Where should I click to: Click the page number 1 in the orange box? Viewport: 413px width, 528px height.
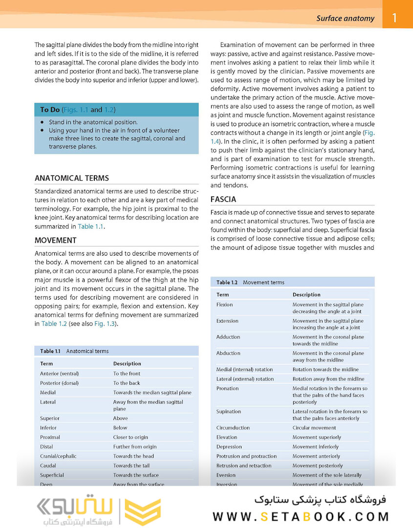pos(394,19)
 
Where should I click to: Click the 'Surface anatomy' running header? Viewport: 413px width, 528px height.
pos(345,19)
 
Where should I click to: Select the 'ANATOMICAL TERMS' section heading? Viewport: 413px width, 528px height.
pos(72,178)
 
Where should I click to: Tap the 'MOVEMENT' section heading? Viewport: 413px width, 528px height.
pos(55,241)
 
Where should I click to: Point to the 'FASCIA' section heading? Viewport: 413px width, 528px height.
pos(223,199)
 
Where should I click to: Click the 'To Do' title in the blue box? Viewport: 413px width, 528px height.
pos(50,110)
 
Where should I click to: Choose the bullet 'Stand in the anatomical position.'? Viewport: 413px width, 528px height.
pos(93,122)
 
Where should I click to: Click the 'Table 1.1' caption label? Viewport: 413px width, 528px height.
pos(50,351)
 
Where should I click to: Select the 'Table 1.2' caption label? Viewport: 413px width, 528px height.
pos(227,282)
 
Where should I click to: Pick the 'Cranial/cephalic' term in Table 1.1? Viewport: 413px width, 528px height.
pos(58,456)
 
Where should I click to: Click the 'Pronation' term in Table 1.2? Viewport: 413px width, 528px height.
pos(227,388)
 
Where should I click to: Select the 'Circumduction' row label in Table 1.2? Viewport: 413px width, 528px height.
pos(233,428)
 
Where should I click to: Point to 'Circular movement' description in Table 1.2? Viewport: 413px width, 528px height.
pos(314,428)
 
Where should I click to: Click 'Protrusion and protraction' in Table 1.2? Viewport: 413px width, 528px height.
pos(246,456)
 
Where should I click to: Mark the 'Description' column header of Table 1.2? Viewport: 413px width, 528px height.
pos(306,295)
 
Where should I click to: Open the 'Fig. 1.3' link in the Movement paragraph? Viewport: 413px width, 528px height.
pos(106,324)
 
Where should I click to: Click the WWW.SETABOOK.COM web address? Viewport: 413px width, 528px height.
pos(301,517)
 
